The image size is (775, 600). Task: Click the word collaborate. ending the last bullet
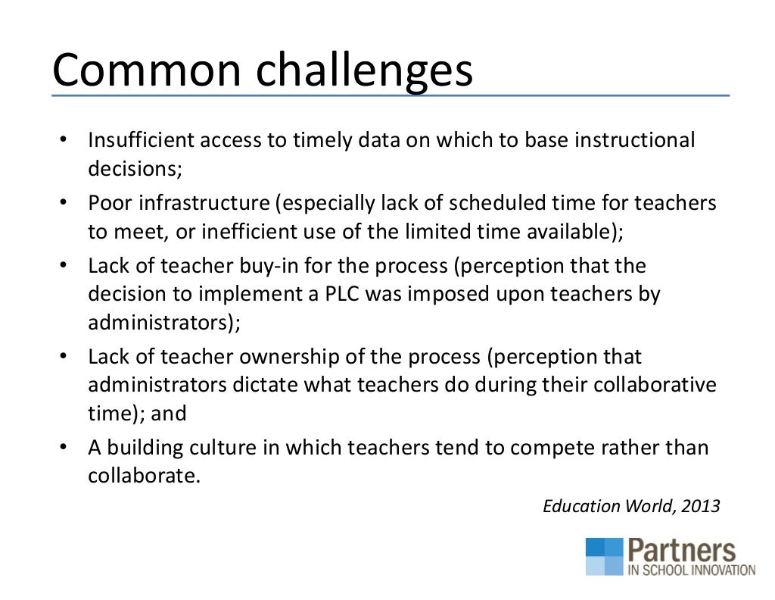145,475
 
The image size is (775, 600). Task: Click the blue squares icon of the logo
603,557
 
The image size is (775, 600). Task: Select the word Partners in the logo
680,551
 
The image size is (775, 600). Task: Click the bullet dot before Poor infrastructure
64,204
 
